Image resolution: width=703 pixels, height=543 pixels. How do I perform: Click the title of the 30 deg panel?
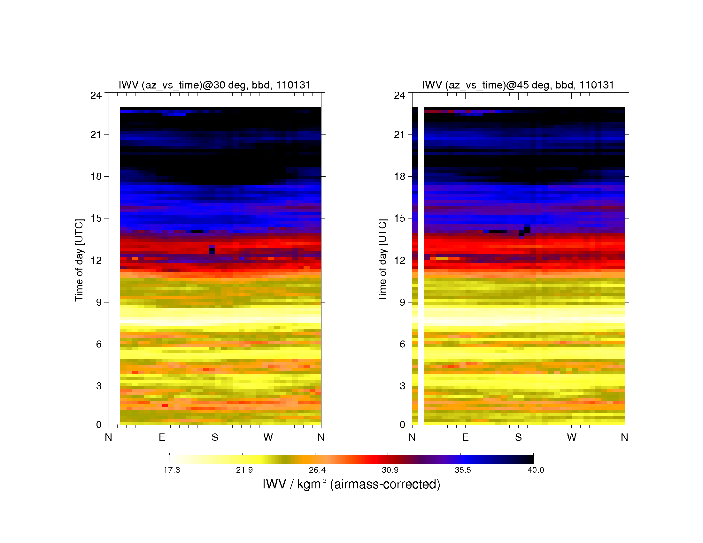point(215,85)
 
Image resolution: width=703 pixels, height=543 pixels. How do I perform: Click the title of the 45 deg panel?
point(518,85)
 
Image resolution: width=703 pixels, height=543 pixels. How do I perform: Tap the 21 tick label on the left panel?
point(96,134)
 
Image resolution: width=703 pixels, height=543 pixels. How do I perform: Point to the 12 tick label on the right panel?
point(399,260)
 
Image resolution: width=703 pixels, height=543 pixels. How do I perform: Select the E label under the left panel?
point(162,437)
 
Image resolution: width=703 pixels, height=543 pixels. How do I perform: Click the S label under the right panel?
point(518,437)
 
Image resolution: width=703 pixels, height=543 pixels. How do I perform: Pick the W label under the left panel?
point(268,437)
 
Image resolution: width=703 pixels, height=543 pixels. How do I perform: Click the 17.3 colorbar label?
point(172,470)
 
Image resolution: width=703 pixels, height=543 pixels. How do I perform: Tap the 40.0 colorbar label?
point(536,470)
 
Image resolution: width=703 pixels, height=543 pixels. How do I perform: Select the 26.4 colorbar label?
point(317,470)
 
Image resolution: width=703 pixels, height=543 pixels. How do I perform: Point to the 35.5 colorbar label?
point(463,470)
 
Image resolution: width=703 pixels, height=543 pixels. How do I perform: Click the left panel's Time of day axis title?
point(79,260)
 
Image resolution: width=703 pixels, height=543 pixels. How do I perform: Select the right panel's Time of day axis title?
point(383,260)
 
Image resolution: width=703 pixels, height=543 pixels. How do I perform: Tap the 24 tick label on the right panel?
point(399,95)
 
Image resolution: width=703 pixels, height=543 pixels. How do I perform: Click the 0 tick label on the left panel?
point(99,424)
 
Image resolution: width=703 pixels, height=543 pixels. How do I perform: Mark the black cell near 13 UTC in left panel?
point(212,250)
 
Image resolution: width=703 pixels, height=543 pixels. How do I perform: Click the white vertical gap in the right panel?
point(421,266)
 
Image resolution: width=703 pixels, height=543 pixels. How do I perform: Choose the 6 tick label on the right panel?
point(402,344)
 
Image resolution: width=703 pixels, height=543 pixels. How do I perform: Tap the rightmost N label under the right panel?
point(624,437)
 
